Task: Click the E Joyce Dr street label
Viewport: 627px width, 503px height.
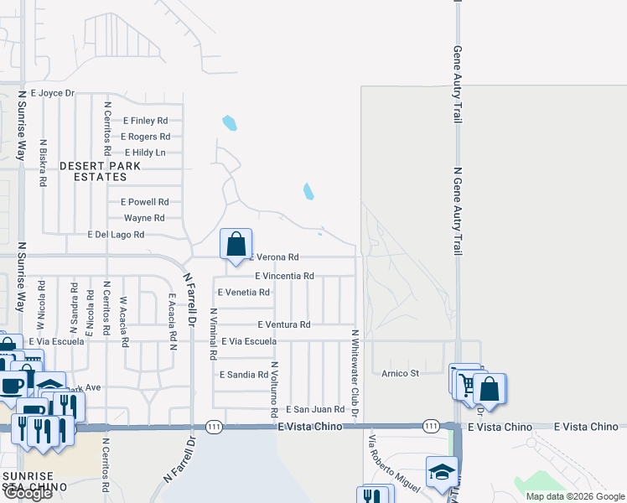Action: (x=53, y=93)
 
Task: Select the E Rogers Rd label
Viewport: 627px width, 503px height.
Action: (x=146, y=137)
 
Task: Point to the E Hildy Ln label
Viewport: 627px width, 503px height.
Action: (x=145, y=153)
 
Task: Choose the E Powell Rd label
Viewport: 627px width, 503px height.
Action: (x=145, y=202)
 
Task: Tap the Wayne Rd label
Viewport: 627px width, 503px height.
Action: (x=144, y=218)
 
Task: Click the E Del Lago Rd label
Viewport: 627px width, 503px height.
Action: (x=116, y=235)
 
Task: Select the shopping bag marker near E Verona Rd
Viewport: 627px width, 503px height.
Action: (x=236, y=244)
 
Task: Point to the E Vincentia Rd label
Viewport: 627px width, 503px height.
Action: (x=285, y=276)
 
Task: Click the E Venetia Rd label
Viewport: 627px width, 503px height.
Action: (x=243, y=293)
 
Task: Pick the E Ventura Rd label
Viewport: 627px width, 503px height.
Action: (x=284, y=324)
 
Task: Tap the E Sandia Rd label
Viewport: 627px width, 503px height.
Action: (x=243, y=375)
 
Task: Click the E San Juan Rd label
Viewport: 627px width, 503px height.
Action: (x=315, y=409)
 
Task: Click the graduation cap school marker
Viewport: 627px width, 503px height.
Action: (x=442, y=471)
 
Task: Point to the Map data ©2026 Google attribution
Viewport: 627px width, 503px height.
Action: (x=574, y=496)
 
